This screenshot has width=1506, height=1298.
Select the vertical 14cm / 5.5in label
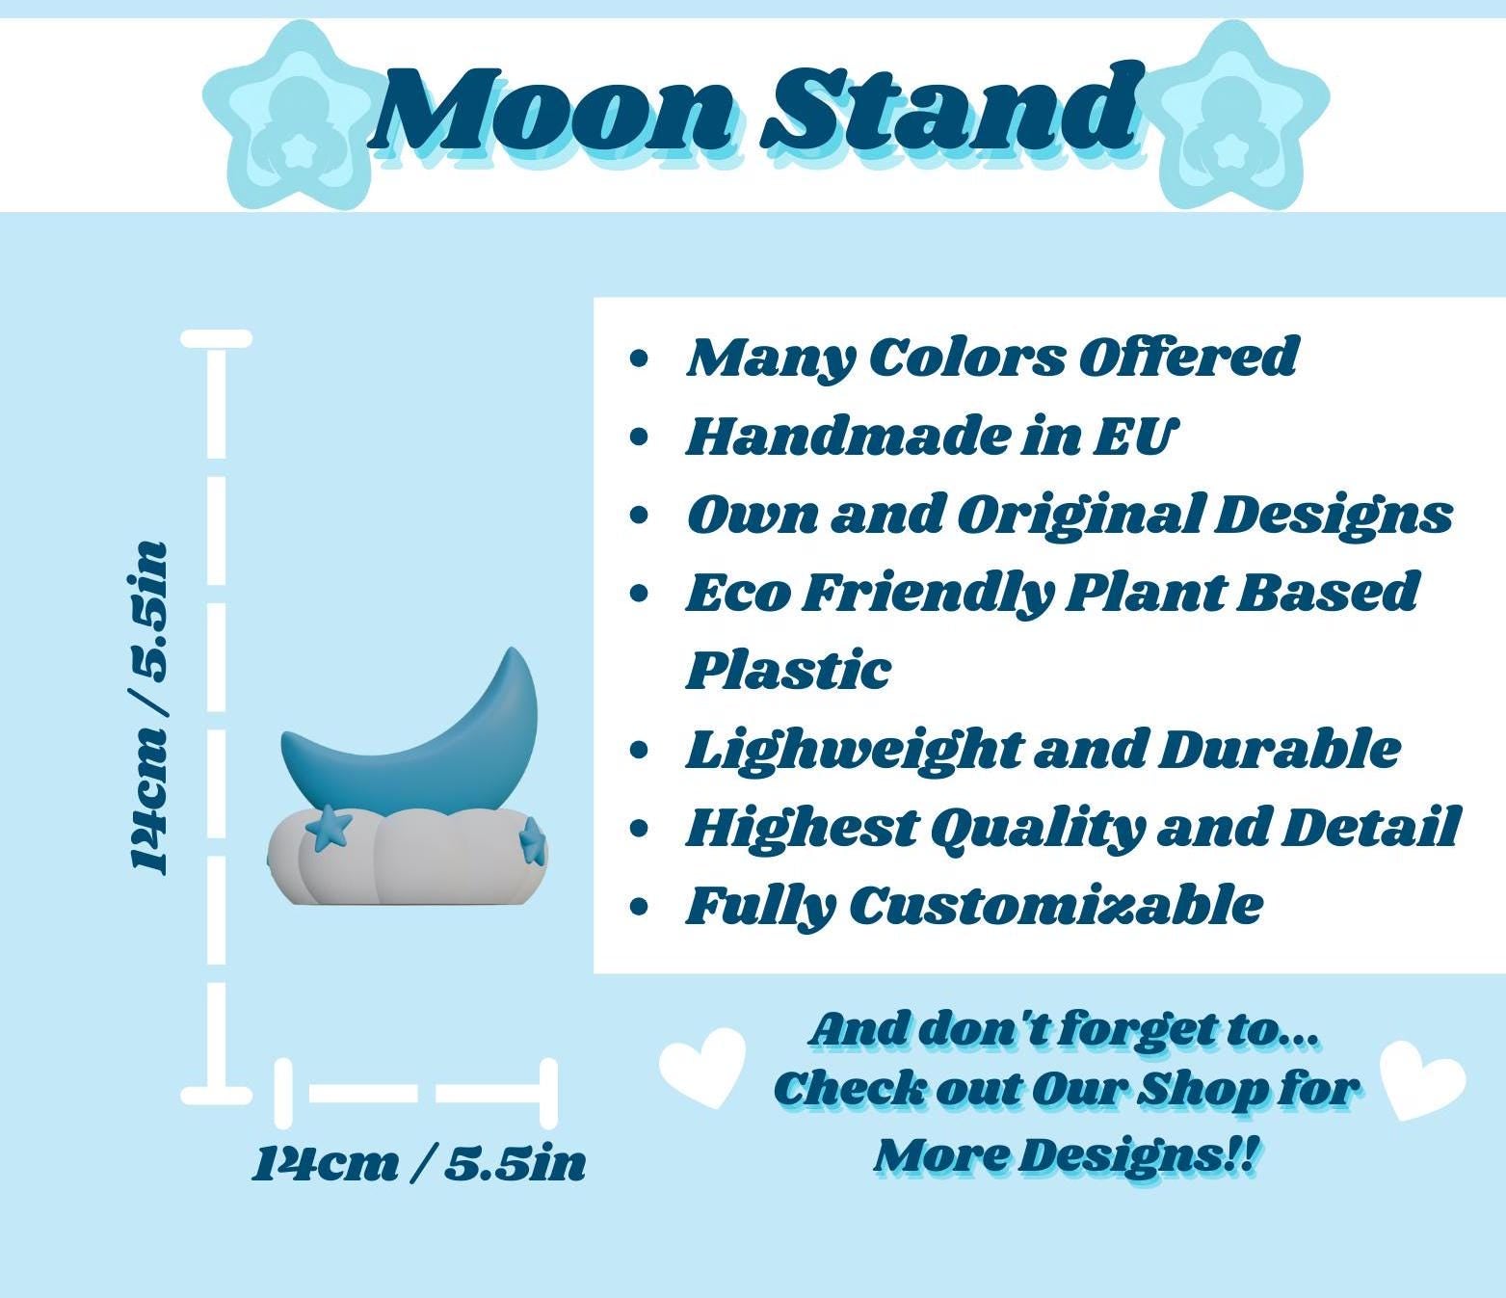click(x=149, y=707)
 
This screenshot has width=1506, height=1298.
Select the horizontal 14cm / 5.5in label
click(x=419, y=1165)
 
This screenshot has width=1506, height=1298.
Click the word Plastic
click(x=788, y=670)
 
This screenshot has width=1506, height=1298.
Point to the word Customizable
click(x=1056, y=906)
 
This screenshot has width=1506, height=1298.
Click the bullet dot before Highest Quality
click(x=639, y=829)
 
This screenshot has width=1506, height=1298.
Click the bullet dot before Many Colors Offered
click(x=639, y=358)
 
